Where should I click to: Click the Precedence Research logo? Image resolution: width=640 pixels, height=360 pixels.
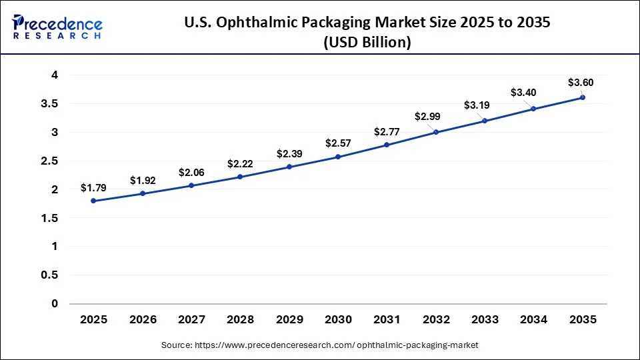[x=57, y=26]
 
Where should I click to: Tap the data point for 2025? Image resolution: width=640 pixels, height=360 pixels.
[x=93, y=201]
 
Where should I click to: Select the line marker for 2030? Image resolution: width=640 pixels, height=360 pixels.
[x=338, y=157]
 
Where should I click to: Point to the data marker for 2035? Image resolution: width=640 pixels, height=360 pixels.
[x=583, y=97]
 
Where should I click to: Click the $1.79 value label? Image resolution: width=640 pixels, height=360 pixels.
[x=93, y=188]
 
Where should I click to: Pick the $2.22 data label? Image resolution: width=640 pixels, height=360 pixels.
[x=240, y=164]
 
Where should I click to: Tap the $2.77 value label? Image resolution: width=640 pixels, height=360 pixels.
[x=387, y=131]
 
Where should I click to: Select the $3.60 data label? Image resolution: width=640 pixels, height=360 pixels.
[x=580, y=83]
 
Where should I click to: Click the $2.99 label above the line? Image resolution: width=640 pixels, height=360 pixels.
[x=427, y=117]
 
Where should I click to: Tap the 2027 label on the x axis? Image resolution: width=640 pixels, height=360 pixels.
[x=191, y=320]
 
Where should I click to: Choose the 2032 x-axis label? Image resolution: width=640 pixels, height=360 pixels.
[x=436, y=320]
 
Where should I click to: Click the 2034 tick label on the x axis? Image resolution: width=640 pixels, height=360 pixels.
[x=534, y=320]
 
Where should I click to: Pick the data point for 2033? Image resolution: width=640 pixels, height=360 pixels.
[x=485, y=121]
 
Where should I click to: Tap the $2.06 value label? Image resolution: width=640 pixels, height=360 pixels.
[x=191, y=173]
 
